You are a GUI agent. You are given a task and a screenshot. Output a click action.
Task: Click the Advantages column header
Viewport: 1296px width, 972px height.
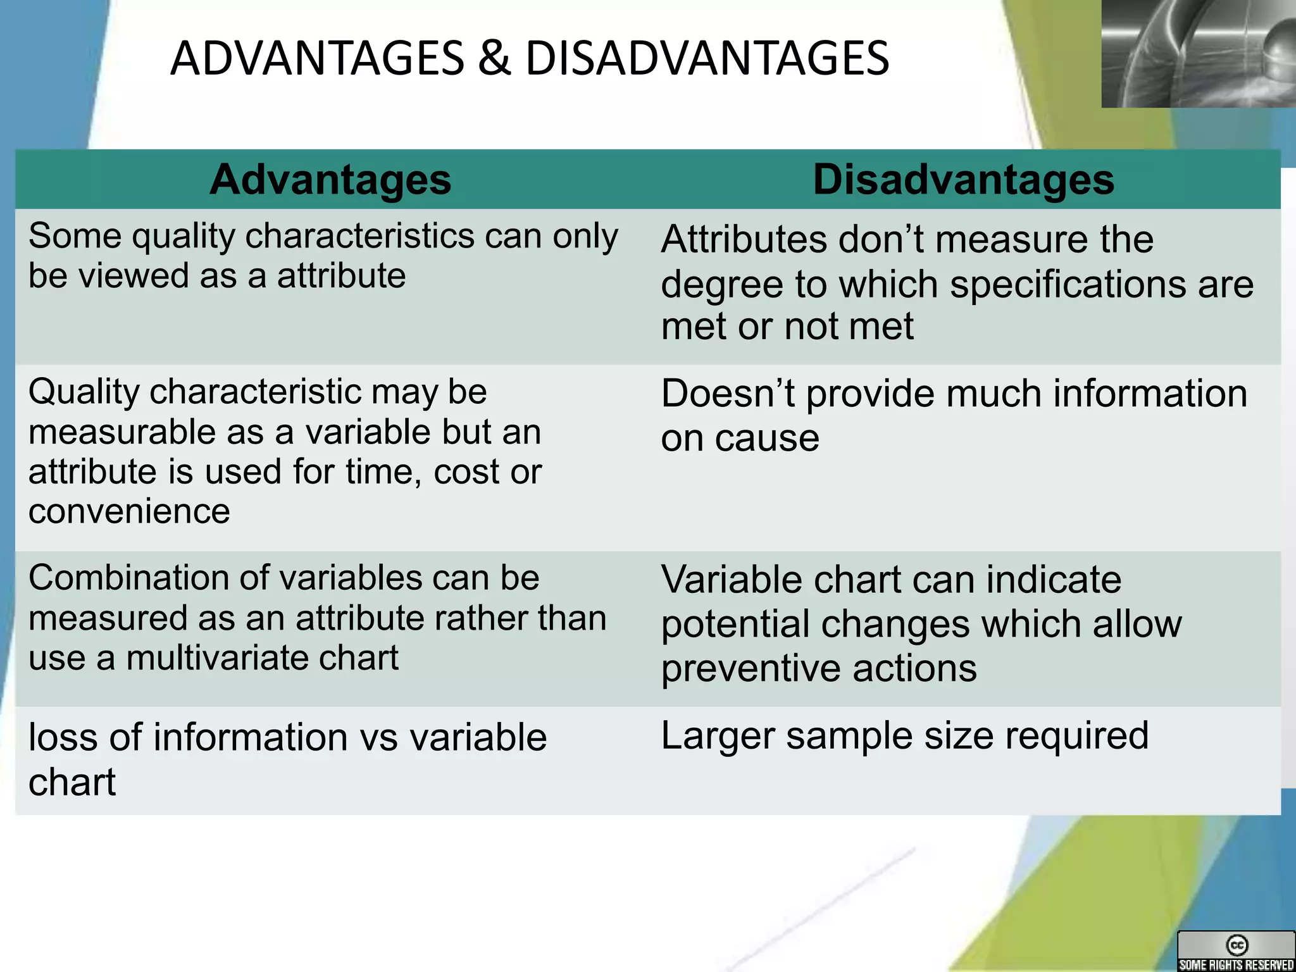pos(330,180)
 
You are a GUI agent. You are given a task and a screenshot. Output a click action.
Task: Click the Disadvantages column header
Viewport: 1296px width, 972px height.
pos(963,180)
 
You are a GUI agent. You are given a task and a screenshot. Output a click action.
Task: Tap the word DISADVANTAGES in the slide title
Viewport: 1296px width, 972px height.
pos(707,58)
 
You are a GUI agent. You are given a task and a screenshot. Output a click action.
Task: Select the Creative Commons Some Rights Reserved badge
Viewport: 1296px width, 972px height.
pos(1236,950)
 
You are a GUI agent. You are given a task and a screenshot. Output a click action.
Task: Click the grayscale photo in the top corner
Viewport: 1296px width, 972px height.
pos(1198,53)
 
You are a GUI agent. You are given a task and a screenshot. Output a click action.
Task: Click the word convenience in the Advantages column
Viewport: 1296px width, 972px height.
pos(129,511)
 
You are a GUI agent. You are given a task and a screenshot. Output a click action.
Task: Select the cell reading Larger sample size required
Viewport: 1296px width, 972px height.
pos(905,736)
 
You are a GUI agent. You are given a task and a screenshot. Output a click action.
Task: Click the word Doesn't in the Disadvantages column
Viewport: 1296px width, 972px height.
pos(728,394)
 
